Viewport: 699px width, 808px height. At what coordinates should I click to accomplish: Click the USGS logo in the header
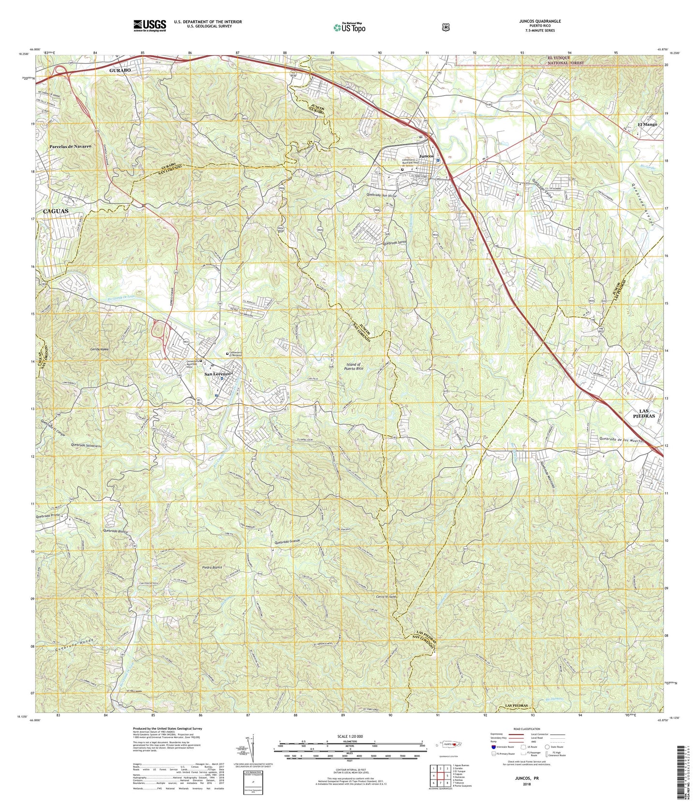(149, 25)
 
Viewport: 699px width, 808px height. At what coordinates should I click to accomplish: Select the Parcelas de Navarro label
(70, 146)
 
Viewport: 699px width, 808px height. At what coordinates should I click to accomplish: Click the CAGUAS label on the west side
(56, 212)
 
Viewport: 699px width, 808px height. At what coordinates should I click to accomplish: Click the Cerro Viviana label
(387, 597)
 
